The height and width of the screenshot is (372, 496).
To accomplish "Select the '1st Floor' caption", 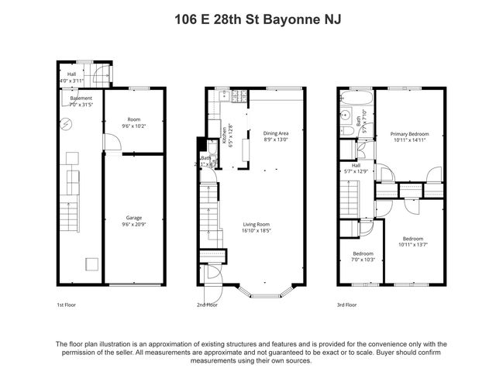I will (x=67, y=305).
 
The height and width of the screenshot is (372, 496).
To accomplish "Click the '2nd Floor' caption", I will (x=207, y=305).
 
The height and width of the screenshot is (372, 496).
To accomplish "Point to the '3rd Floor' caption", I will (x=346, y=305).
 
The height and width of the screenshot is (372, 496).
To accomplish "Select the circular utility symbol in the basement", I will (x=67, y=123).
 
